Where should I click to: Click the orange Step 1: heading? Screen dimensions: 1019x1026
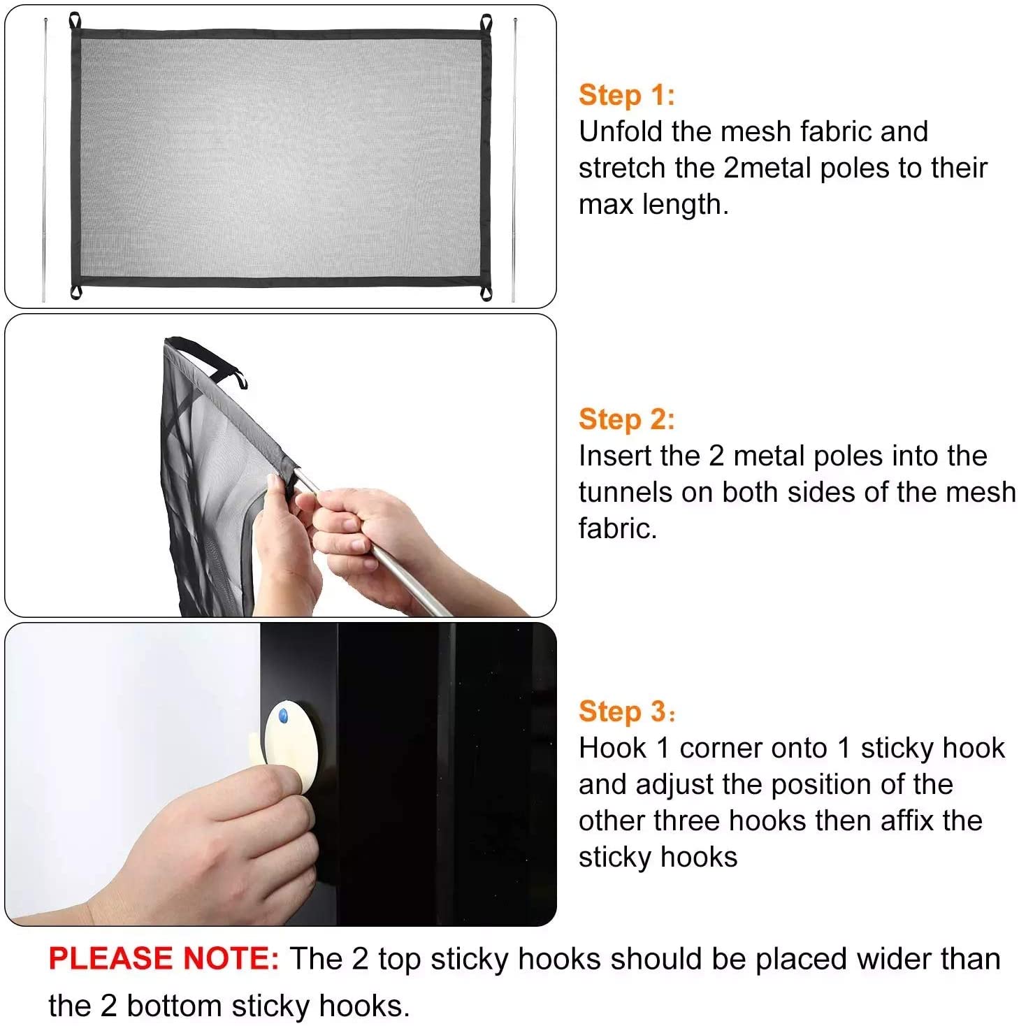[626, 95]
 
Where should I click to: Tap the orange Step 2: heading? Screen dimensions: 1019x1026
[626, 419]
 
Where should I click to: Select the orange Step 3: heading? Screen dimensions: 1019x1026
[626, 711]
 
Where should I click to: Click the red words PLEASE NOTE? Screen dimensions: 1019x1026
[164, 958]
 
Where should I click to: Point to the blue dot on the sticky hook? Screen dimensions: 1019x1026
[283, 716]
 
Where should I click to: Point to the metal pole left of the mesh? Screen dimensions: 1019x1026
[45, 160]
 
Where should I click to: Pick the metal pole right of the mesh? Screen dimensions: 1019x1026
[514, 160]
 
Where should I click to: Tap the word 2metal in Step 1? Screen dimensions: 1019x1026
[767, 168]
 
